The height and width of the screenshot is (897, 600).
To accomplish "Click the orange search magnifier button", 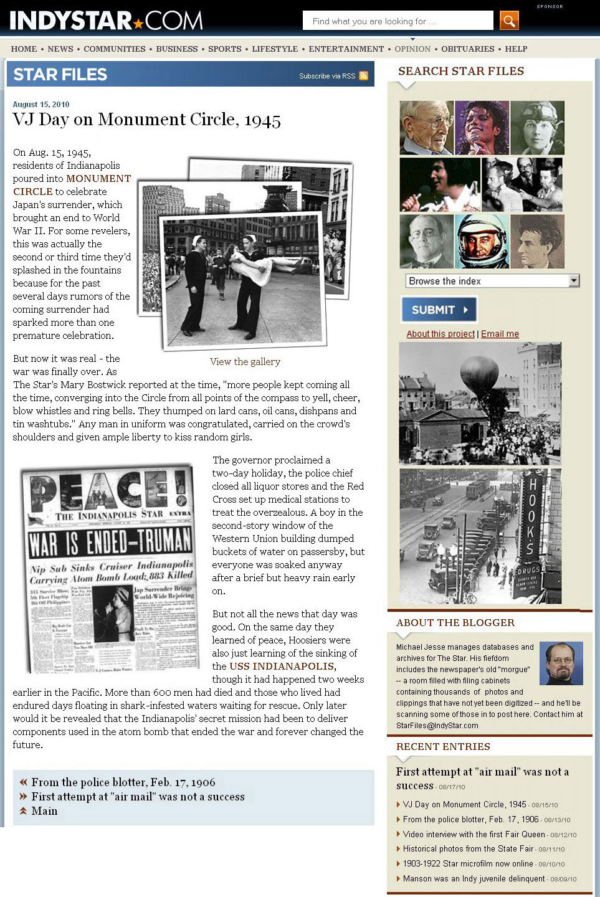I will (509, 21).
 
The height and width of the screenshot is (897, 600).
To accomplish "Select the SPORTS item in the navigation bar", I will (224, 49).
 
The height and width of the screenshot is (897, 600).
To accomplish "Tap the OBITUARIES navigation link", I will (467, 49).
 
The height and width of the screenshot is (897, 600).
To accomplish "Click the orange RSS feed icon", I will (363, 76).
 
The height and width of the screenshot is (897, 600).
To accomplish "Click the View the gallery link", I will (245, 361).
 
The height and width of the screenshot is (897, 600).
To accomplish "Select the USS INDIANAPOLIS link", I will (282, 666).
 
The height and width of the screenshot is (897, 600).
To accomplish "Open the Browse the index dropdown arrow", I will (574, 281).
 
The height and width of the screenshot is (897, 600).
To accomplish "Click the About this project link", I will (440, 334).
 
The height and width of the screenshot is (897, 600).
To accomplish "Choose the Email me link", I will (500, 334).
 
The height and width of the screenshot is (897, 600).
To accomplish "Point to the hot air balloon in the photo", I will (479, 376).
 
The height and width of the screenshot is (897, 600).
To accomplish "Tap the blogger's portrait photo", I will (561, 663).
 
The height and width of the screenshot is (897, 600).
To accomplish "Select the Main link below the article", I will (44, 811).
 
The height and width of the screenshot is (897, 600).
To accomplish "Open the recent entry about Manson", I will (474, 878).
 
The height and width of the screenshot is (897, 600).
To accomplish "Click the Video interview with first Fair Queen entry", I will (474, 834).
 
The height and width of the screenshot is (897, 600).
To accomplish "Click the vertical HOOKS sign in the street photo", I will (531, 516).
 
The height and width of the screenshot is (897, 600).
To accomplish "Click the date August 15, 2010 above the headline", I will (41, 104).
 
